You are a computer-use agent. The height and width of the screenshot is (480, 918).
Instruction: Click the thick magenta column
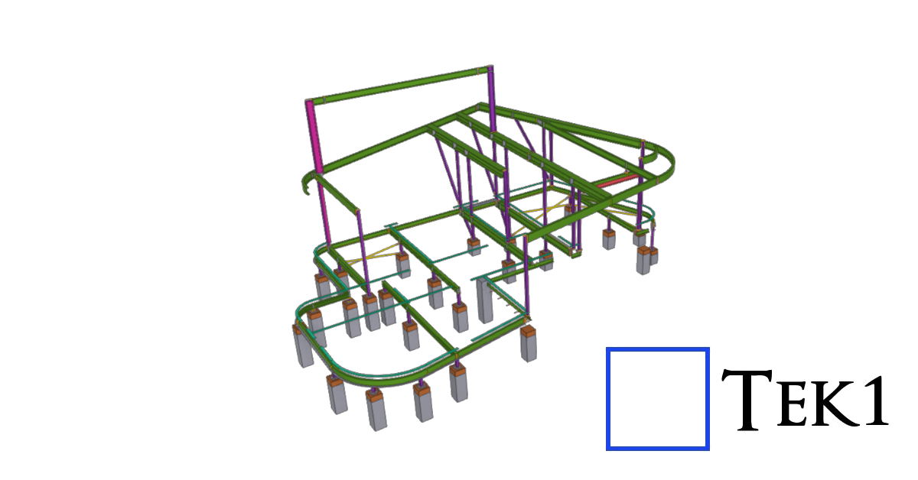(314, 136)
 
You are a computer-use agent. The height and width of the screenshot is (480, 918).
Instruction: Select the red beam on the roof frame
(617, 181)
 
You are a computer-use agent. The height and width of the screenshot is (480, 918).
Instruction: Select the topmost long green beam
(402, 85)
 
